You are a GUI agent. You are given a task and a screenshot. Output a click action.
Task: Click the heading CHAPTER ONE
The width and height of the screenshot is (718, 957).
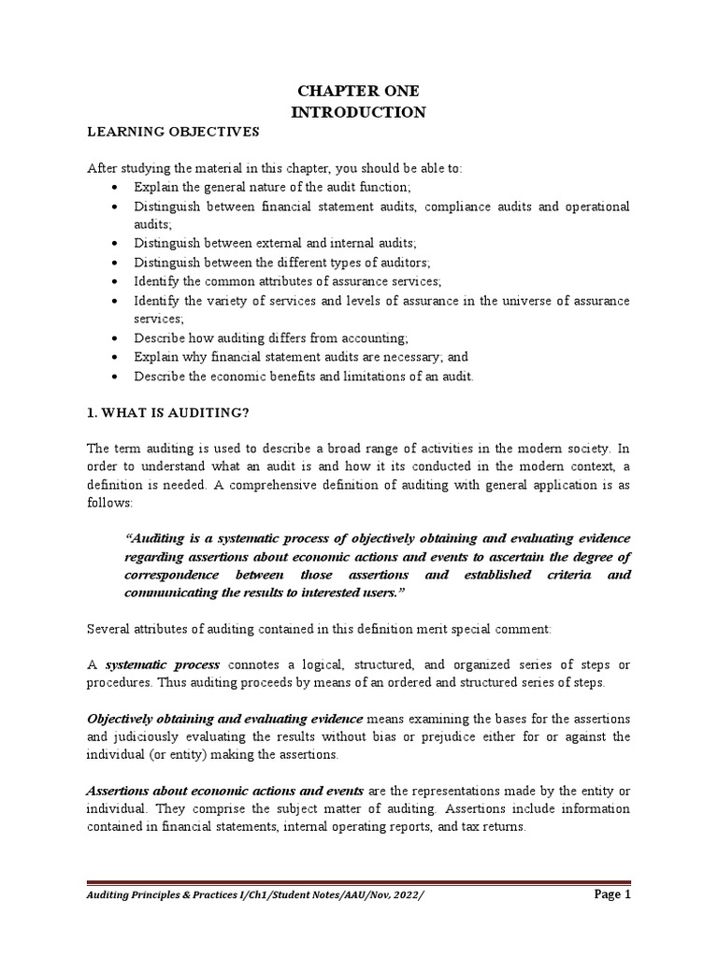(358, 91)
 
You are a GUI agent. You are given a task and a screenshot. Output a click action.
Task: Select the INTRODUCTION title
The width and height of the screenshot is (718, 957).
(358, 112)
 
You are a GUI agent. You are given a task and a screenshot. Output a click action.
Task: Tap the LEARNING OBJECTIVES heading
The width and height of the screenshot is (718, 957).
(173, 133)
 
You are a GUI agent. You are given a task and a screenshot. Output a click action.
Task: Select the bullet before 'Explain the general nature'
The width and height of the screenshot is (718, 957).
(114, 188)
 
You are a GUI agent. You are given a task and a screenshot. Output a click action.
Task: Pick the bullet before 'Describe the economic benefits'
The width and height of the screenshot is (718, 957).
(114, 377)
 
